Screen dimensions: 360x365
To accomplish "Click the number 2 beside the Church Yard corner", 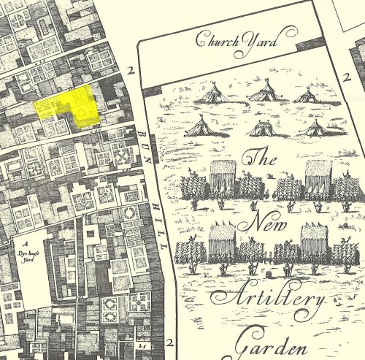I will tap(131, 71).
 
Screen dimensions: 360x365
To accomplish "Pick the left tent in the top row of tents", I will tap(212, 93).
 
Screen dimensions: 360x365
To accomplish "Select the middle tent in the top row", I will tap(263, 93).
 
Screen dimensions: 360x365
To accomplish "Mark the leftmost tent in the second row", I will tap(199, 128).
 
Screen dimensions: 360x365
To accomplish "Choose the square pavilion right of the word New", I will tap(315, 240).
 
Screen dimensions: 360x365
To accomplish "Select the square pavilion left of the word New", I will tap(223, 242).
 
